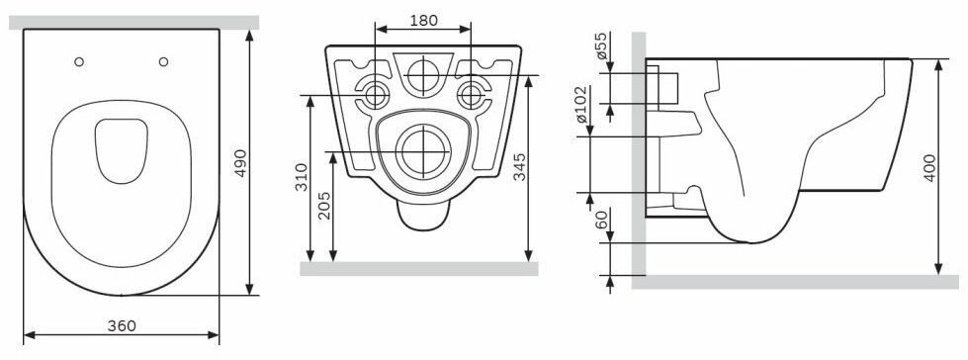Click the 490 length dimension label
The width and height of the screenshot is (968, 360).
[x=241, y=163]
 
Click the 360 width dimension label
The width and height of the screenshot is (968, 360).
[x=122, y=326]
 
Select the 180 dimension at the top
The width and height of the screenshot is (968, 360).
[x=423, y=21]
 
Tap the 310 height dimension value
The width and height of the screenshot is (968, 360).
[x=301, y=177]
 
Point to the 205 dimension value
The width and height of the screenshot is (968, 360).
[x=324, y=206]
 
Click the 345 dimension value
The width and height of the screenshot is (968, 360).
[x=520, y=167]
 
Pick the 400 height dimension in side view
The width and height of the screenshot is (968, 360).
[x=929, y=167]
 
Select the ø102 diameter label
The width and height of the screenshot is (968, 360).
[x=581, y=105]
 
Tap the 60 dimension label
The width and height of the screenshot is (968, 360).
[x=601, y=220]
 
